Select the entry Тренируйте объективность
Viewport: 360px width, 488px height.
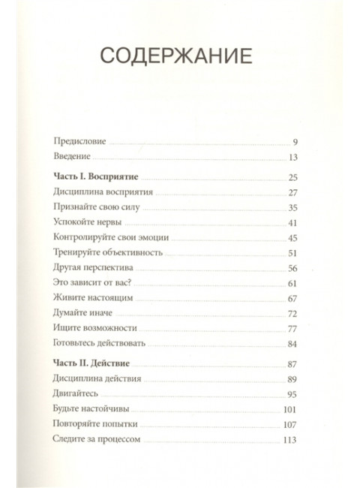point(108,253)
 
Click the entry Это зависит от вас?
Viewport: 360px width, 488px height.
point(91,282)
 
